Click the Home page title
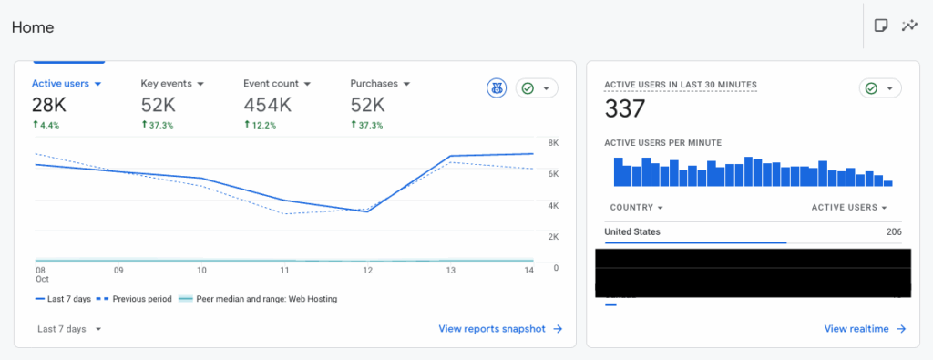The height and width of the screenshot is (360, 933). (x=33, y=27)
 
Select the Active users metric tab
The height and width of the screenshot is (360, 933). (x=66, y=83)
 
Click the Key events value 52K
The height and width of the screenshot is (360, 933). (x=158, y=105)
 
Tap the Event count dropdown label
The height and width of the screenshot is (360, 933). (x=277, y=83)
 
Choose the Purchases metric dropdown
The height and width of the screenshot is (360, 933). (x=380, y=83)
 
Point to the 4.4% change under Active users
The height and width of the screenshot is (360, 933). (x=49, y=125)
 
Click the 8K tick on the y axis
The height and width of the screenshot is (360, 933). (x=553, y=142)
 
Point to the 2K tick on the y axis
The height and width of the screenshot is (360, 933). (x=553, y=236)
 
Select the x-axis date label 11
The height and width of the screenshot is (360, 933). (x=285, y=271)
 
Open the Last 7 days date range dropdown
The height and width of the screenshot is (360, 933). (x=69, y=329)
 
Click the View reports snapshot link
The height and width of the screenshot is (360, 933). (x=500, y=329)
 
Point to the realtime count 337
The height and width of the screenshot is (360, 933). (x=625, y=109)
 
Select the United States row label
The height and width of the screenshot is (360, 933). (x=632, y=231)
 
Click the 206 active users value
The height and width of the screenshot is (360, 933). (x=893, y=231)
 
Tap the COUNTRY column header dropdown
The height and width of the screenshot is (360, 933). (x=636, y=207)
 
